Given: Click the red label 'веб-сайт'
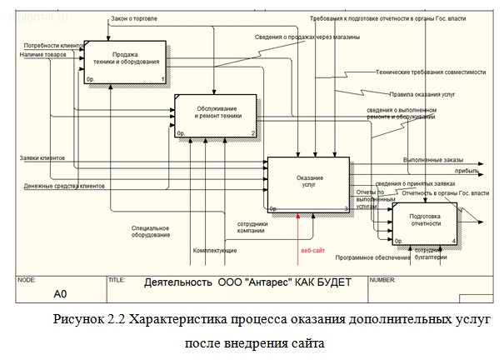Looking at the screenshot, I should click(x=312, y=250).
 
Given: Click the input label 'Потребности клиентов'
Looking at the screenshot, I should click(x=52, y=47).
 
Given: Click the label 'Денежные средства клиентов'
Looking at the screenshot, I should click(x=64, y=185).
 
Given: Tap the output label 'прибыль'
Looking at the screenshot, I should click(x=442, y=169).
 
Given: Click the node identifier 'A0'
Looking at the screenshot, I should click(x=60, y=293).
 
